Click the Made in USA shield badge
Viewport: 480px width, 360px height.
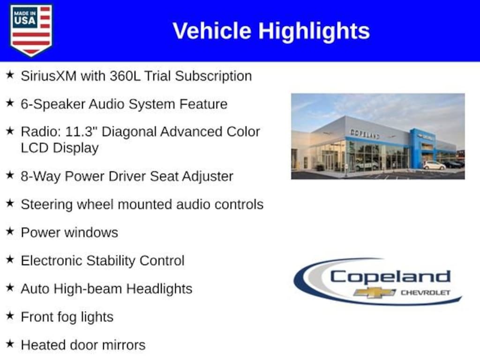(x=31, y=30)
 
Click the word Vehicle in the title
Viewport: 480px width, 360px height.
(x=212, y=31)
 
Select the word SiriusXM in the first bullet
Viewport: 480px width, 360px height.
(x=49, y=76)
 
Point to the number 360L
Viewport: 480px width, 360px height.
(x=125, y=76)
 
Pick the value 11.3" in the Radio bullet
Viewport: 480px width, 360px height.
(x=81, y=132)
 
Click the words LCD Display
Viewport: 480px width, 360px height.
(x=60, y=148)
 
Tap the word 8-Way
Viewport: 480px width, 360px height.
(x=41, y=177)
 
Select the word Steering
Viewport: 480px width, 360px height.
(x=46, y=205)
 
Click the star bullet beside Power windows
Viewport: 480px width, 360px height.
(x=10, y=232)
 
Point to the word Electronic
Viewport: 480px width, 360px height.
(x=52, y=261)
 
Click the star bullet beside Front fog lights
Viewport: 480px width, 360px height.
(x=10, y=315)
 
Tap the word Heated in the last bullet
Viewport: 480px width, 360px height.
(x=44, y=345)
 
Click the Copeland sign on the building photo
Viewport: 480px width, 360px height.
(x=365, y=134)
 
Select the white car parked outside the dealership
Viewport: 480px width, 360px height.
(x=434, y=165)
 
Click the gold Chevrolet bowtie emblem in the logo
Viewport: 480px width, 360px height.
(x=375, y=292)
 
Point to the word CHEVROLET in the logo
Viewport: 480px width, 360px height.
(x=426, y=292)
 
